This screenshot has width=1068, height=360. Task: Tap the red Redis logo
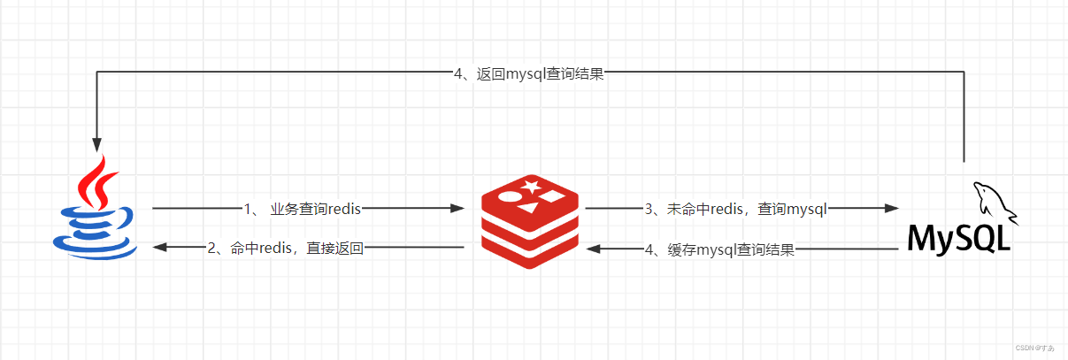click(529, 220)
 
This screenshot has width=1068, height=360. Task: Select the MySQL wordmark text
click(958, 238)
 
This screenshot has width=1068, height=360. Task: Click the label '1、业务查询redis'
click(302, 209)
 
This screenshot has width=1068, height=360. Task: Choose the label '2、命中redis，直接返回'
click(285, 249)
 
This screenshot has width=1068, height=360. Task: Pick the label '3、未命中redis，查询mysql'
click(735, 209)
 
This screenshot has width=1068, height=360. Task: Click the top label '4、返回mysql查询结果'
click(528, 74)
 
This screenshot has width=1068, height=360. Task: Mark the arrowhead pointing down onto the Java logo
click(96, 145)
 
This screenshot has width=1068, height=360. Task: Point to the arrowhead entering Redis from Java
click(457, 209)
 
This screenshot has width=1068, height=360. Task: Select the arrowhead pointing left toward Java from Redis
click(161, 249)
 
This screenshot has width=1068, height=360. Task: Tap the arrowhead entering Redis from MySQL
click(595, 249)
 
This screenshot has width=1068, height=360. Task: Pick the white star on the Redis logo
click(531, 186)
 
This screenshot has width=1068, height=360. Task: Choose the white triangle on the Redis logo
click(528, 209)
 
